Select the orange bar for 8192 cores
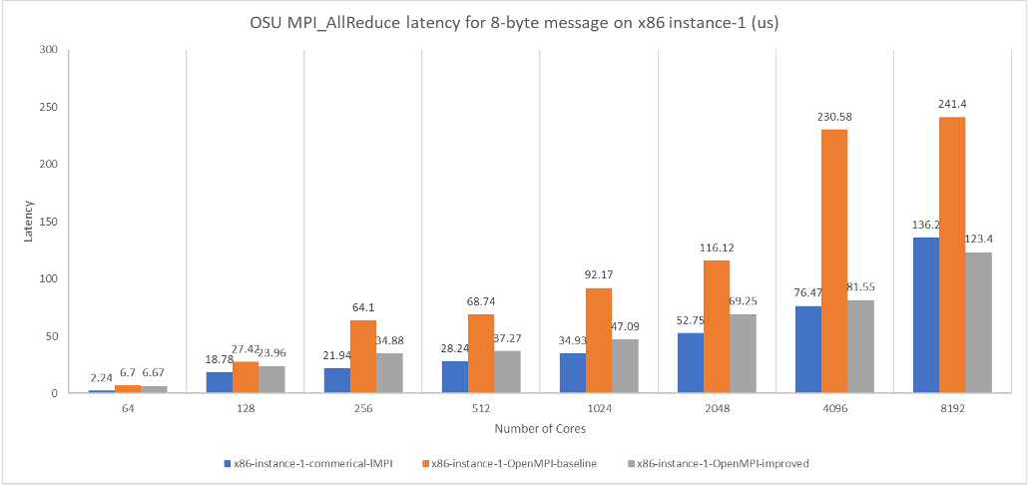click(x=952, y=255)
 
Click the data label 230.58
click(x=834, y=117)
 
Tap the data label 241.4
click(x=952, y=105)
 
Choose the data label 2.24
click(x=101, y=378)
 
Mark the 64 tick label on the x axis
click(x=127, y=407)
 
